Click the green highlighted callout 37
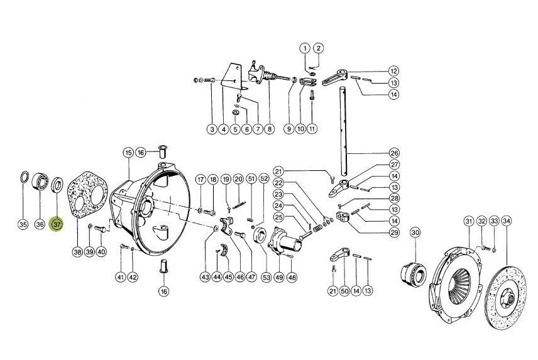click(x=57, y=224)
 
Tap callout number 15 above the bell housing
click(x=128, y=152)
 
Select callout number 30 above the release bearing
click(x=415, y=233)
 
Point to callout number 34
click(x=506, y=221)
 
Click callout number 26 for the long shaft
click(x=394, y=153)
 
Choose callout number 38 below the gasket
click(x=77, y=252)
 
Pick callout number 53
click(x=266, y=277)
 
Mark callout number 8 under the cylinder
click(x=270, y=129)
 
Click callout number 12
click(x=393, y=71)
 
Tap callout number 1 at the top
click(x=305, y=48)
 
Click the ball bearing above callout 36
click(x=40, y=182)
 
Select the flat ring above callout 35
click(x=24, y=177)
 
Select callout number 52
click(x=264, y=178)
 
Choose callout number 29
click(x=395, y=232)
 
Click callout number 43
click(x=205, y=277)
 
